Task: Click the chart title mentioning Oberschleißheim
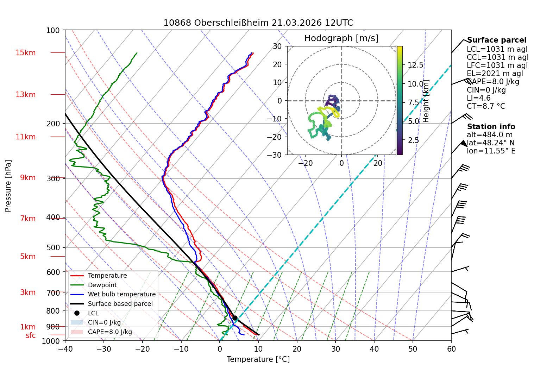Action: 258,23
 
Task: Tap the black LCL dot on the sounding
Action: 235,318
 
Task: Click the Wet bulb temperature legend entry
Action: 113,294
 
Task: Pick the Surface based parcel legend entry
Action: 112,303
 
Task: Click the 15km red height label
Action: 25,53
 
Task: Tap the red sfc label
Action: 31,335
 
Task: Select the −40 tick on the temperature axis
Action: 65,349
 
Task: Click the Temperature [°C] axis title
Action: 258,359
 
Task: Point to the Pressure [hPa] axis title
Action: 8,186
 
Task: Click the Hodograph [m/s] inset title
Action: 341,38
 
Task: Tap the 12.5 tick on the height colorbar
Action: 415,65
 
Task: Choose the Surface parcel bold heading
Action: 497,40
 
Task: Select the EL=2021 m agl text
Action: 495,74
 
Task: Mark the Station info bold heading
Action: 491,127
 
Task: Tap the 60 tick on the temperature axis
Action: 451,349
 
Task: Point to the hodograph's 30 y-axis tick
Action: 277,46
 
